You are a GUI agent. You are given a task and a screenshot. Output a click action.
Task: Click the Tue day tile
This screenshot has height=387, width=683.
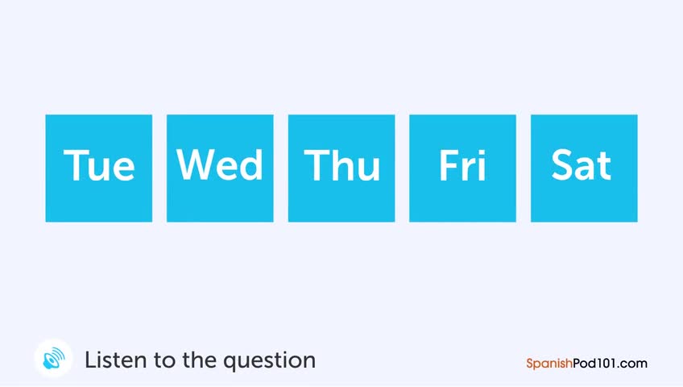[x=99, y=169]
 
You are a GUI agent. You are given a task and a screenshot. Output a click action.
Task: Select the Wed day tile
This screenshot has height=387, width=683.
[x=220, y=169]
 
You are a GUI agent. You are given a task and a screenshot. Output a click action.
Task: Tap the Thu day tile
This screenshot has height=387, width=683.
[x=341, y=169]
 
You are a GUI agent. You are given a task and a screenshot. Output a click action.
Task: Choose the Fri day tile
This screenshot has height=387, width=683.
[x=462, y=169]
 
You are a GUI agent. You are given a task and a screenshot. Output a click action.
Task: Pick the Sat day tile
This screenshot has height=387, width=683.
[x=584, y=169]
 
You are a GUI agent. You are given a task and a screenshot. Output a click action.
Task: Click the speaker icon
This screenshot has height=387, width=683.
[x=54, y=358]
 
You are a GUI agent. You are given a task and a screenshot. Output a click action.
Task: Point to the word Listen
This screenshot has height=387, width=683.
[x=116, y=360]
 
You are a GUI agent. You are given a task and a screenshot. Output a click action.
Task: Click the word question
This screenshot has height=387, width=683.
[x=270, y=362]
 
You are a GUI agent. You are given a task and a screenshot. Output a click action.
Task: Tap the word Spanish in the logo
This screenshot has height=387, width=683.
[x=549, y=364]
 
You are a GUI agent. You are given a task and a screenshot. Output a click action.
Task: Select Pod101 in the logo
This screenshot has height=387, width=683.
[x=594, y=363]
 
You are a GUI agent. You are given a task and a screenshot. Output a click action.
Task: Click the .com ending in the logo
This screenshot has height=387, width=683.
[x=632, y=364]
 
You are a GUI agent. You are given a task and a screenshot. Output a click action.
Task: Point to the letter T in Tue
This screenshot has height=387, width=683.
[x=74, y=164]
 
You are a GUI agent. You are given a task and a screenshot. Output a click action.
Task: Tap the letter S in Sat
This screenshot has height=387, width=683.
[x=561, y=164]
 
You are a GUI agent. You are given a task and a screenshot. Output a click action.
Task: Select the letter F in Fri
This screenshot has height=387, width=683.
[x=448, y=164]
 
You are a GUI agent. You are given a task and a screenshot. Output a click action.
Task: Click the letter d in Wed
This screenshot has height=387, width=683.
[x=253, y=164]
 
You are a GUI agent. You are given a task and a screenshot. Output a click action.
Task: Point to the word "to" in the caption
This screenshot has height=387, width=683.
[x=165, y=361]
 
